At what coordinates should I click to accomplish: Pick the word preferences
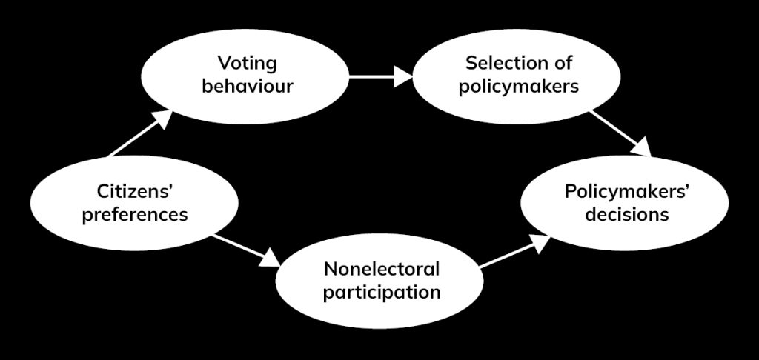coord(135,216)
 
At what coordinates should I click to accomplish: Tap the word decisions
coord(627,216)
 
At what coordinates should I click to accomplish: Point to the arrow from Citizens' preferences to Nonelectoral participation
coord(244,250)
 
